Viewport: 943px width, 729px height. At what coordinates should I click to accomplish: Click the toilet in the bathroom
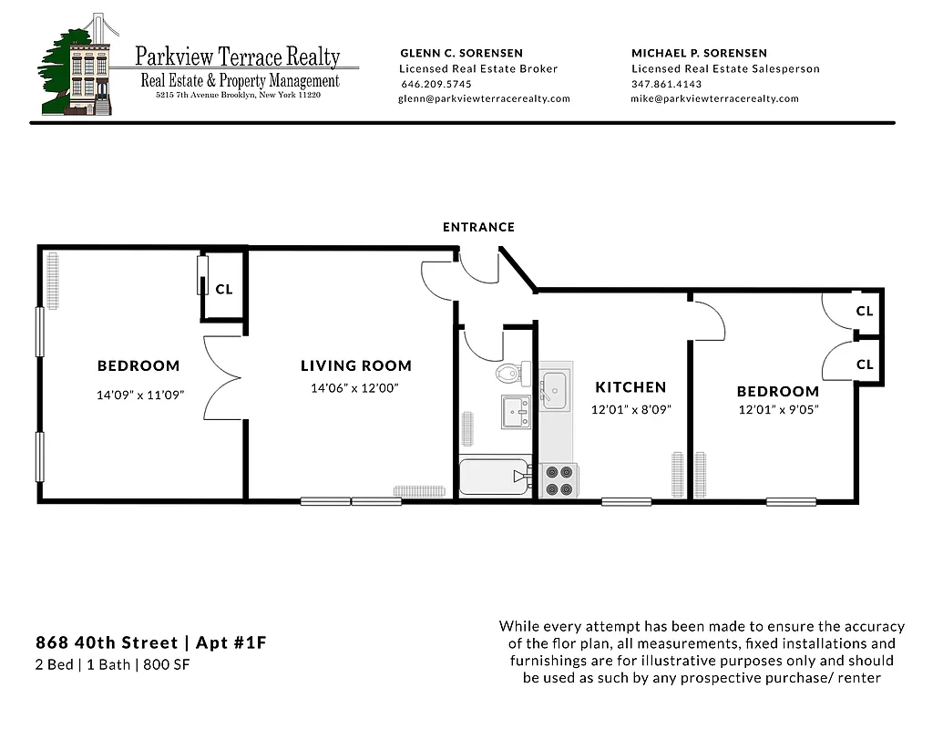[x=508, y=373]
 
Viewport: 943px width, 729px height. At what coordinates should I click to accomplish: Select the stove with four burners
[x=557, y=480]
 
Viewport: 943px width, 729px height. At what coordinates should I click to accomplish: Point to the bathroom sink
[x=516, y=412]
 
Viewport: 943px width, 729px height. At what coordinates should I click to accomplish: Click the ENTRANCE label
[x=478, y=227]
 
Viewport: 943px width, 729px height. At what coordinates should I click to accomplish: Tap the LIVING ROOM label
[x=356, y=366]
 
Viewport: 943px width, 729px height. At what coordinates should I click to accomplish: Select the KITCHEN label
[x=630, y=387]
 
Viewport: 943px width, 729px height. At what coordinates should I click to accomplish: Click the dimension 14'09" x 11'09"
[x=138, y=395]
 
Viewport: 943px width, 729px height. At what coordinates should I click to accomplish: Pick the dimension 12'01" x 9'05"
[x=778, y=410]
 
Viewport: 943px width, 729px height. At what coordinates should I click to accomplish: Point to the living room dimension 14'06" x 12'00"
[x=355, y=388]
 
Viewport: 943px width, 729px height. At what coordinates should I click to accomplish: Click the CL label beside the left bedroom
[x=224, y=289]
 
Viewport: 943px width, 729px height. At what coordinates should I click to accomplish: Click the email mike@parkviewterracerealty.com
[x=714, y=98]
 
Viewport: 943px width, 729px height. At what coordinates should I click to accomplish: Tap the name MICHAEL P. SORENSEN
[x=699, y=53]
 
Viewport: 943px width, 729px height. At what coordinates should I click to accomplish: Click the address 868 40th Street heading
[x=150, y=643]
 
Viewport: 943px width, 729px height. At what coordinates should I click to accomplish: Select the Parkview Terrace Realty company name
[x=237, y=56]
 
